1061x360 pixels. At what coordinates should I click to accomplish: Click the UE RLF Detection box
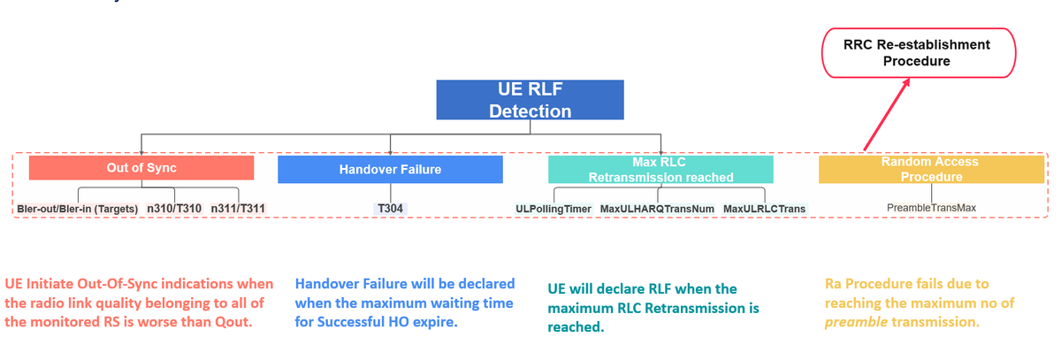pyautogui.click(x=530, y=100)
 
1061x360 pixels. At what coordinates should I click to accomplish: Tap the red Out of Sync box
pyautogui.click(x=141, y=168)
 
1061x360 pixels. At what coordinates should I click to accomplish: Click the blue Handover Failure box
pyautogui.click(x=390, y=169)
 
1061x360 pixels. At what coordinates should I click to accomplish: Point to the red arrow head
pyautogui.click(x=905, y=83)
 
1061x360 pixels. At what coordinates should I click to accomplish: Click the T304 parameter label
pyautogui.click(x=391, y=209)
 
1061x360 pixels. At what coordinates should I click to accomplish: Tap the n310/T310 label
pyautogui.click(x=174, y=209)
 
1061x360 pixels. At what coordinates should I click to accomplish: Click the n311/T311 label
pyautogui.click(x=239, y=209)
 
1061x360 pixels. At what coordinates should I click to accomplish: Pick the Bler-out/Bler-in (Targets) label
pyautogui.click(x=78, y=209)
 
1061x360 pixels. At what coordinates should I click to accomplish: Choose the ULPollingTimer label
pyautogui.click(x=553, y=209)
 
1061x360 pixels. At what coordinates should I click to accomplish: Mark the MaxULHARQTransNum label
pyautogui.click(x=657, y=209)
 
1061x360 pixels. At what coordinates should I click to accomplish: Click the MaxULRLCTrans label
pyautogui.click(x=764, y=209)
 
